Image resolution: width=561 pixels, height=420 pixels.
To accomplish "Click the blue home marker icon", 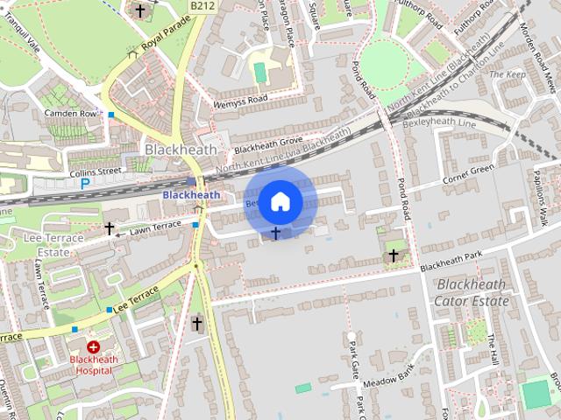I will tap(280, 201).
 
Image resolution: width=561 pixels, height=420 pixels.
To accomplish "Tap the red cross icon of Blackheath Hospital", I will tap(92, 347).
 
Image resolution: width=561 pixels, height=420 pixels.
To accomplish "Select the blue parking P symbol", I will tap(85, 184).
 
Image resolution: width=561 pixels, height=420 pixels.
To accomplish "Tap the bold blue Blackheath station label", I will tap(191, 194).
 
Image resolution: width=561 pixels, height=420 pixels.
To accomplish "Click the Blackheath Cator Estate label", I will tap(472, 293).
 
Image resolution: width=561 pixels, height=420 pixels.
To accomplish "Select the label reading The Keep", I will tap(507, 75).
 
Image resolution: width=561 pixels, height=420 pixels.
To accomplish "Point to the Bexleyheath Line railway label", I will tap(430, 123).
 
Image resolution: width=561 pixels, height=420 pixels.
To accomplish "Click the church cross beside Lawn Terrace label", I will tap(110, 228).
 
